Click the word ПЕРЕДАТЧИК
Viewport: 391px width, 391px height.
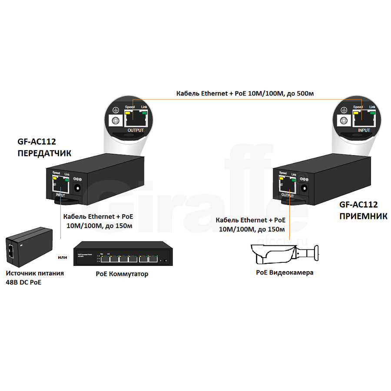click(x=44, y=153)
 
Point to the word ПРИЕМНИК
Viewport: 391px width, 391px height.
click(x=363, y=216)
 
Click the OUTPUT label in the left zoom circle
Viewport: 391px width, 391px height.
click(x=136, y=130)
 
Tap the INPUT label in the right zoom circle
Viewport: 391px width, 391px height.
click(x=364, y=130)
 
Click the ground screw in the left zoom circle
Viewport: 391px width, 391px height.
click(x=116, y=121)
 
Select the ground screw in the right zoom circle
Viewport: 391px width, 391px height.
click(x=344, y=121)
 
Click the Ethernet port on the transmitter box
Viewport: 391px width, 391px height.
click(x=61, y=186)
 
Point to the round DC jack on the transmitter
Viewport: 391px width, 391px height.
click(x=78, y=189)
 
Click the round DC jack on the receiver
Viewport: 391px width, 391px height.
click(x=305, y=188)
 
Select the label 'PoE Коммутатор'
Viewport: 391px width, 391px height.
click(x=122, y=274)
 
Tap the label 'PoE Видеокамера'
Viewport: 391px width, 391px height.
click(x=285, y=272)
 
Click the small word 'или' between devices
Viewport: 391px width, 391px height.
click(x=63, y=257)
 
